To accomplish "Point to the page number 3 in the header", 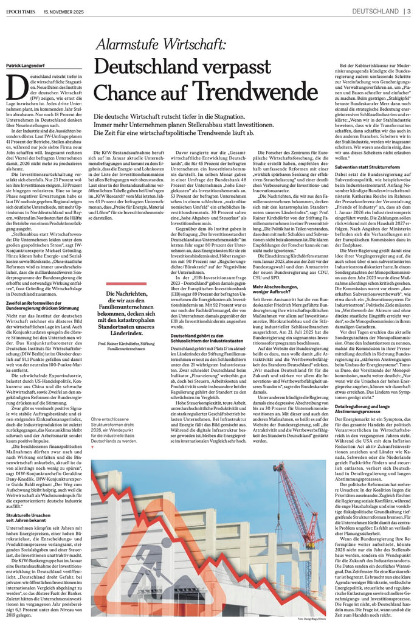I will (x=408, y=10).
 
